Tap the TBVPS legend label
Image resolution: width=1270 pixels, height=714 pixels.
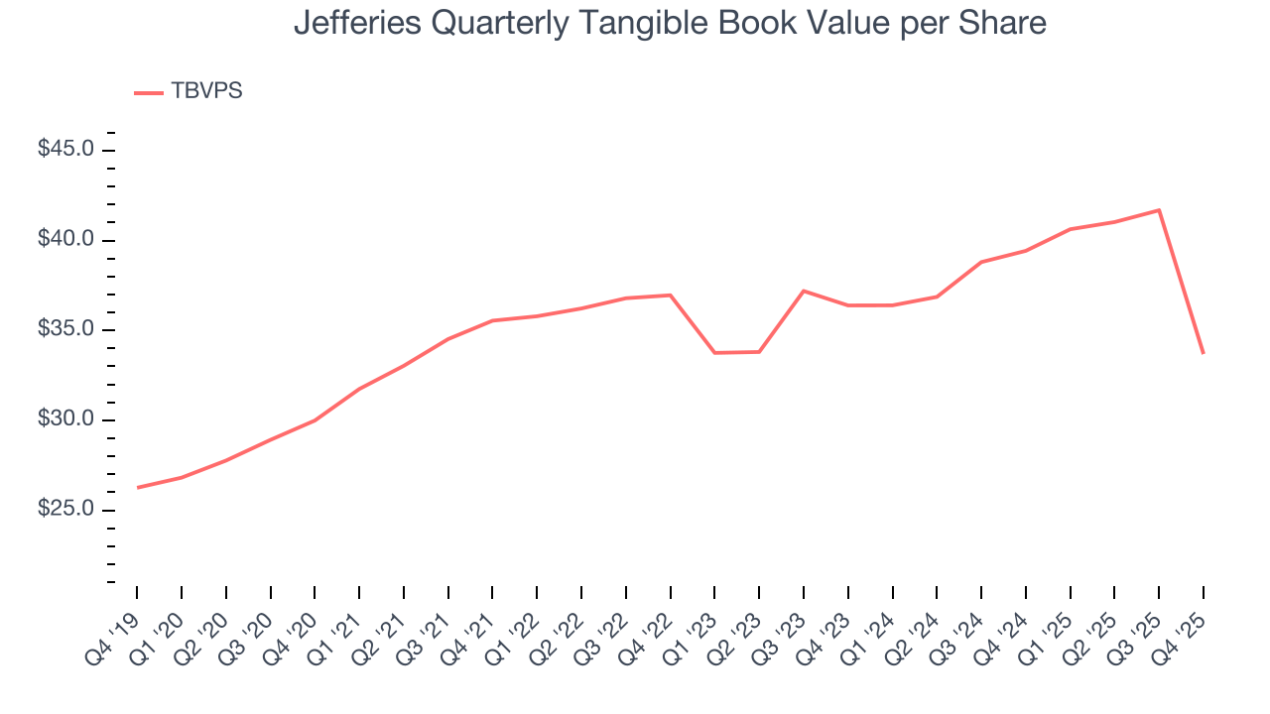206,91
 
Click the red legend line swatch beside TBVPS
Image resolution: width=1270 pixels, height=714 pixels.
149,92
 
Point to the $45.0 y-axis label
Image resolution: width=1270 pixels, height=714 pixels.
65,150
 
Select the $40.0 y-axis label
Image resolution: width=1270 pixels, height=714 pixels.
65,240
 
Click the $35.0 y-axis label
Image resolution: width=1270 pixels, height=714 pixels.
65,330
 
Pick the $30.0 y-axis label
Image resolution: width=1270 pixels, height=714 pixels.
65,419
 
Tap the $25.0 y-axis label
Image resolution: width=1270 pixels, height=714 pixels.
65,510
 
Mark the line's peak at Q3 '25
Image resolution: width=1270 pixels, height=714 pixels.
1159,210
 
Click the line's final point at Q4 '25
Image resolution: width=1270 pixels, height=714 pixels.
1204,353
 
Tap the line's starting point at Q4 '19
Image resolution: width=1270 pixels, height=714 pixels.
137,488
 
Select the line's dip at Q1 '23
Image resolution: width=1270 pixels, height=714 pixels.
714,352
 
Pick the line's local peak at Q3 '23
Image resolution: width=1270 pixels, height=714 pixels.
804,291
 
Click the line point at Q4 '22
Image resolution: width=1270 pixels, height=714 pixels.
671,295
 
